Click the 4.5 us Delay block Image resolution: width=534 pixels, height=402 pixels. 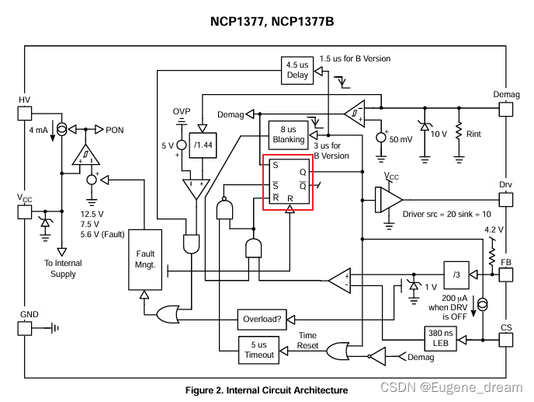point(297,70)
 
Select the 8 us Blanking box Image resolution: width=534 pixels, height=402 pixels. point(288,135)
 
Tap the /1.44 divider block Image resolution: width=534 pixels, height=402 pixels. point(203,145)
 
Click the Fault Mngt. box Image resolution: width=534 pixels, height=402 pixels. point(145,260)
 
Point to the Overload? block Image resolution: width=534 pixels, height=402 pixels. point(262,320)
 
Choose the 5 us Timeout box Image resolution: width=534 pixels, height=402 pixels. point(258,350)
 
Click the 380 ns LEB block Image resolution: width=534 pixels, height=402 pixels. point(440,338)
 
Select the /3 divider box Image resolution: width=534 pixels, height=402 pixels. point(456,274)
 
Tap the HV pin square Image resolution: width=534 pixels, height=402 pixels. point(25,114)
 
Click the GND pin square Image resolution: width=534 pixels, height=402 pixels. point(25,328)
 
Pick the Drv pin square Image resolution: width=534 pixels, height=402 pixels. point(506,200)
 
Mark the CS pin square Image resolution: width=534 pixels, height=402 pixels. point(506,340)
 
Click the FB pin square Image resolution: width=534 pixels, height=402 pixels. point(506,274)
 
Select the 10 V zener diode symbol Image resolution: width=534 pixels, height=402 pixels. point(425,127)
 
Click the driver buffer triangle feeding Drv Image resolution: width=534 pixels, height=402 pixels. point(388,200)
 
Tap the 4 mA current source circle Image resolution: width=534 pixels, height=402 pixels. point(61,130)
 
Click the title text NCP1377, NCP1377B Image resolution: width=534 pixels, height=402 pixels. point(272,22)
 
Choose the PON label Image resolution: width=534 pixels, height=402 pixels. point(114,130)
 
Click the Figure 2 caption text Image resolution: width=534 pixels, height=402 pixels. point(267,390)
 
